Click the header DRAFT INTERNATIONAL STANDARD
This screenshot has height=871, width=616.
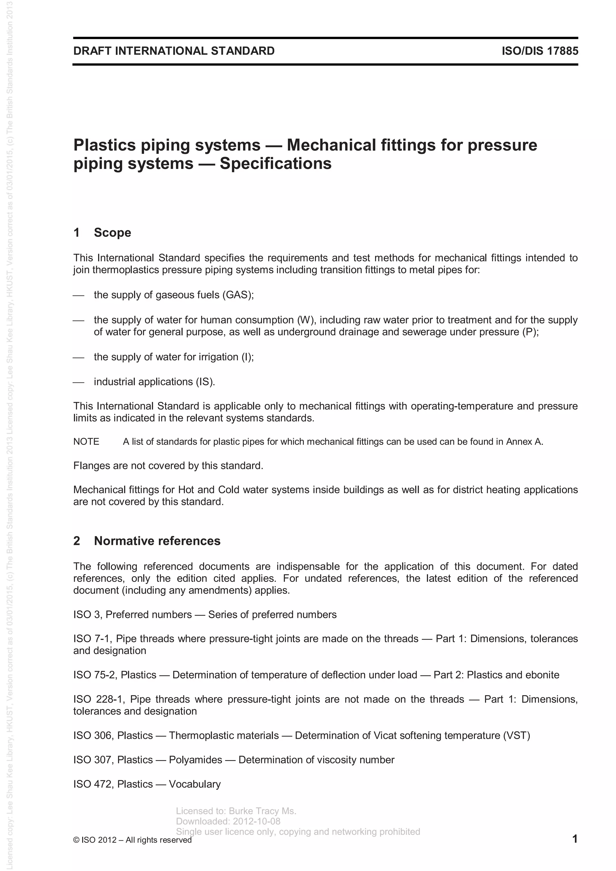174,51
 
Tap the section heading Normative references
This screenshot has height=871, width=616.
157,541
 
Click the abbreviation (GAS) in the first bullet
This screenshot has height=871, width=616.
238,295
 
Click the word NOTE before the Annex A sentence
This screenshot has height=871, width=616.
86,442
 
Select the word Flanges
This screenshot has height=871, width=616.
91,466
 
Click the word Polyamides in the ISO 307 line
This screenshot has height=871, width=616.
195,760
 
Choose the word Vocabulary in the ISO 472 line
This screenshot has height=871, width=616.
195,784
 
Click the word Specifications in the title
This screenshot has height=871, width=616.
275,164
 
